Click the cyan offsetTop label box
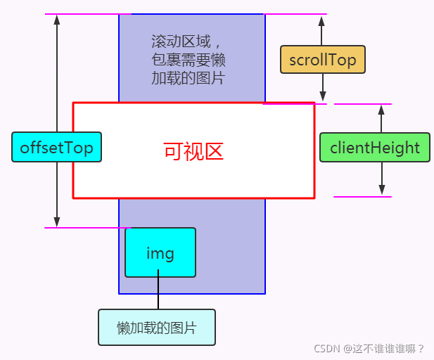56,147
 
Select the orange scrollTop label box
323,60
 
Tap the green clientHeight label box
374,148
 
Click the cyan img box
160,252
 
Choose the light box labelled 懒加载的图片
156,328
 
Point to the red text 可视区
193,151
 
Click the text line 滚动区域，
181,41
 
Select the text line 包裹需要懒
188,60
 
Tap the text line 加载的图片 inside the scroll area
188,77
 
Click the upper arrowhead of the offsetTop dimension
57,20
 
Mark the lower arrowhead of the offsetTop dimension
57,221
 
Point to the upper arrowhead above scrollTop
323,20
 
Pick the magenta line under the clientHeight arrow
362,197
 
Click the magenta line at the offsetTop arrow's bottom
87,228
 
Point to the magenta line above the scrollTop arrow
295,14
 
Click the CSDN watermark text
369,348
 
